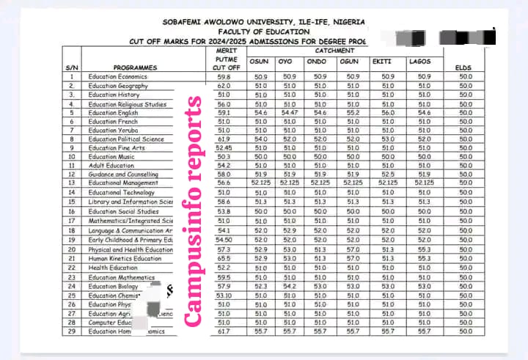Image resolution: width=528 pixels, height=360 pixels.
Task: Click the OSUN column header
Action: pyautogui.click(x=260, y=61)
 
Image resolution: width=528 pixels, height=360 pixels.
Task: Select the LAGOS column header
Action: pyautogui.click(x=423, y=61)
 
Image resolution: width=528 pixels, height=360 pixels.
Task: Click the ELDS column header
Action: pyautogui.click(x=465, y=67)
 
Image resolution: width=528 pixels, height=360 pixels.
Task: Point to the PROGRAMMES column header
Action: pyautogui.click(x=136, y=67)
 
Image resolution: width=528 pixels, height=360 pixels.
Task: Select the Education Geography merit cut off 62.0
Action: pyautogui.click(x=224, y=86)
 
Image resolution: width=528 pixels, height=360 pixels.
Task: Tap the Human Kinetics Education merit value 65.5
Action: pyautogui.click(x=224, y=259)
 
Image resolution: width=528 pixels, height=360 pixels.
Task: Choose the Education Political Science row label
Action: pyautogui.click(x=126, y=139)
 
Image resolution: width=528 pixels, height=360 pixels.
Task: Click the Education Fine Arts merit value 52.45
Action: pyautogui.click(x=224, y=148)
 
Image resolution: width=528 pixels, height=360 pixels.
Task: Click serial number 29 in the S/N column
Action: pyautogui.click(x=72, y=331)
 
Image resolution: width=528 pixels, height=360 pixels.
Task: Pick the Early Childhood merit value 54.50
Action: pyautogui.click(x=224, y=240)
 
